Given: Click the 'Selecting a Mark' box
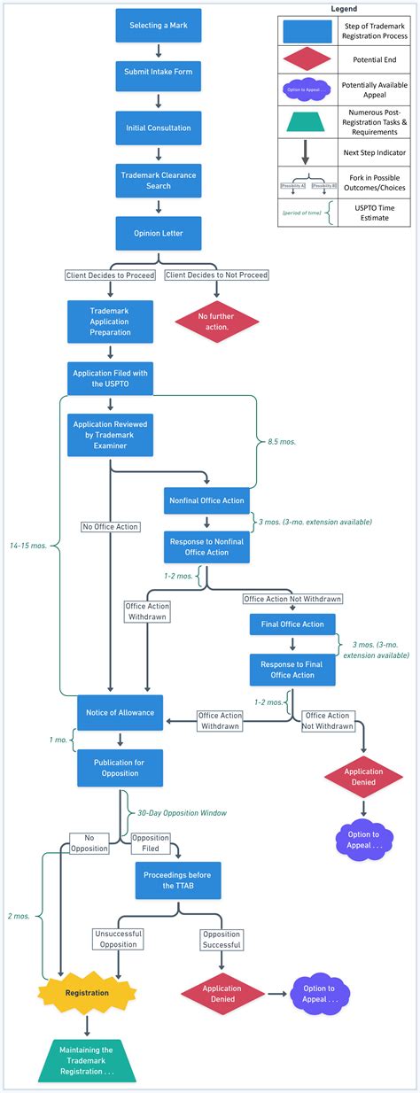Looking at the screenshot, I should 158,26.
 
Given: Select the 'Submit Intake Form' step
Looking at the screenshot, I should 158,76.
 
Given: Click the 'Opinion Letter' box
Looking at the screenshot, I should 158,233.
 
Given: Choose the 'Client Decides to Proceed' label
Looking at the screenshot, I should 111,275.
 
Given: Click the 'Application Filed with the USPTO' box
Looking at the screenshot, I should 111,379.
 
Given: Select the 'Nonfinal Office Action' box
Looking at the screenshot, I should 206,500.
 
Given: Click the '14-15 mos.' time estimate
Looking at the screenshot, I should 29,546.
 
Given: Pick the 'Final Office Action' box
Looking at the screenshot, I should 292,624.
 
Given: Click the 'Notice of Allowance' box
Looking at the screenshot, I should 121,713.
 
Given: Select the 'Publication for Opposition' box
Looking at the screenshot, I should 121,767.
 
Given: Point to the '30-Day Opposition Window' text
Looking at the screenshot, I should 182,812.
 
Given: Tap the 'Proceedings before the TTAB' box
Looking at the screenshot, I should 177,880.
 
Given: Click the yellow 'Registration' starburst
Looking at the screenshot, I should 87,993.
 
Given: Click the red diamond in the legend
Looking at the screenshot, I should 303,58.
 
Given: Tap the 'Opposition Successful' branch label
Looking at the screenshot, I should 221,939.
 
